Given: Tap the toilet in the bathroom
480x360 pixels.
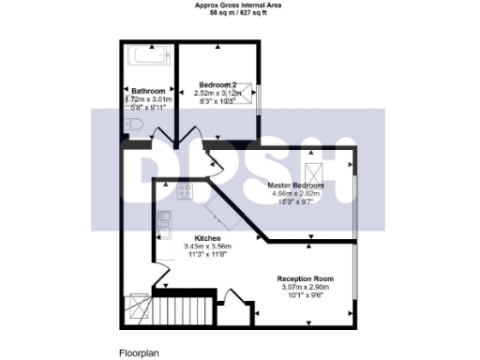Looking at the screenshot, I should [133, 125].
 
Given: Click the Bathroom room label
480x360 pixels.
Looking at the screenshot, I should [149, 90].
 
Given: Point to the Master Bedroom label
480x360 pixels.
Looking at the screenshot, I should [295, 186].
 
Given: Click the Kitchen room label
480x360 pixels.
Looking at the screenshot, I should [207, 238].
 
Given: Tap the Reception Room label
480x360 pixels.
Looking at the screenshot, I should [306, 279].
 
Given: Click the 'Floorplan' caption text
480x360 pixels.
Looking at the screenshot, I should [139, 352].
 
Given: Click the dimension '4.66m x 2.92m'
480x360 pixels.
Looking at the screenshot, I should [295, 194].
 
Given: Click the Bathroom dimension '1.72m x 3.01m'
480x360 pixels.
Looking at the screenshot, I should [149, 98].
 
